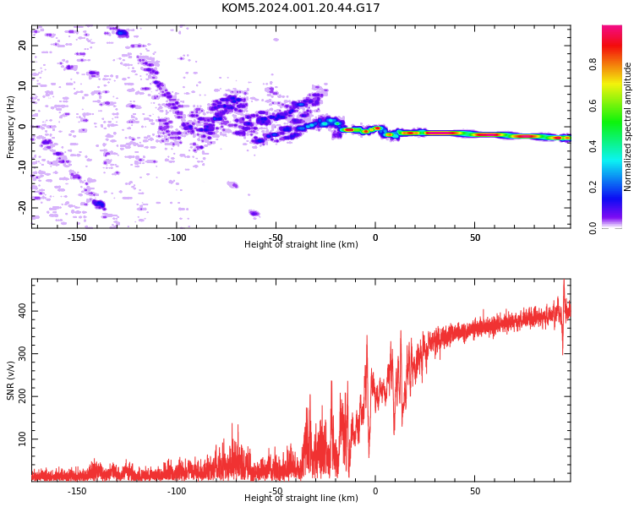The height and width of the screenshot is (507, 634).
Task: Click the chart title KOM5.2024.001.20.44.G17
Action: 300,8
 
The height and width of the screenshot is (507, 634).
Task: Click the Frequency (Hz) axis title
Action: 10,127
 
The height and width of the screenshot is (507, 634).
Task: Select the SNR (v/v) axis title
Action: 10,380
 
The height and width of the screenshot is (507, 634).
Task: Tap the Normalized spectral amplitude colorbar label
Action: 627,127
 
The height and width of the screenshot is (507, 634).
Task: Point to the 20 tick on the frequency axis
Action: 23,46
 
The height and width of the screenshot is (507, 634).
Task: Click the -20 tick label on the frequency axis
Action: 23,208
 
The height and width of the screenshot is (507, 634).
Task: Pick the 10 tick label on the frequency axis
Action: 23,86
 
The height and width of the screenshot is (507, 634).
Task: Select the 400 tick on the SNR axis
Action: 23,311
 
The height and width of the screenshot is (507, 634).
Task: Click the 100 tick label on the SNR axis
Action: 23,439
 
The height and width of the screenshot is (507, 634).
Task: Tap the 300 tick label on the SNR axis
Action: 23,353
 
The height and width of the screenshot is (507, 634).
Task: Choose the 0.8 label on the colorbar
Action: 593,64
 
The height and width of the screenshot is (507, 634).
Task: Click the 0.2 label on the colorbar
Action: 593,187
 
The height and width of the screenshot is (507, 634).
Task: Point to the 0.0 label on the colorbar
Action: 593,228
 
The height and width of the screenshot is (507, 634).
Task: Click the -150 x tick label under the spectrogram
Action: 77,237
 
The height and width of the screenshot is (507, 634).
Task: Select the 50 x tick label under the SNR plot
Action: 475,491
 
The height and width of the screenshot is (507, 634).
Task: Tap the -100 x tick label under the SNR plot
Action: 177,491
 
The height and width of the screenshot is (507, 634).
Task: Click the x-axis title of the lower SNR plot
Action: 301,498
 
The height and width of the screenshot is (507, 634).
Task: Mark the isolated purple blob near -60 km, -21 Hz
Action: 254,213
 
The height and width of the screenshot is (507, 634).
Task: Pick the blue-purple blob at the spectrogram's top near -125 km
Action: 122,33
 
